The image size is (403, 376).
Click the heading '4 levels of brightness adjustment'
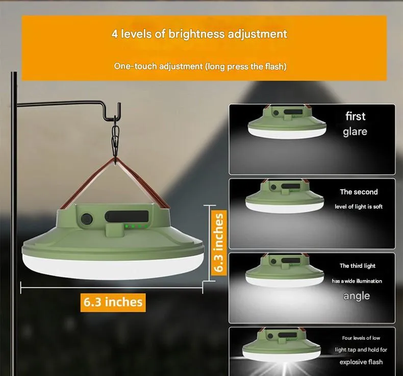199,34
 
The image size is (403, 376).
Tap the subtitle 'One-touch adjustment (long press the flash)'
200,66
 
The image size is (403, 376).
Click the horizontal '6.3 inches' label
113,302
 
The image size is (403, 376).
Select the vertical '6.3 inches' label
218,243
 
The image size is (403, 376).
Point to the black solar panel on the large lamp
127,216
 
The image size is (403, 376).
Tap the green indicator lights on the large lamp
136,227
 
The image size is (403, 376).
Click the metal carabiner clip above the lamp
115,141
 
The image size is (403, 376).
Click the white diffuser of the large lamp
113,267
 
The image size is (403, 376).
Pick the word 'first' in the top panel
355,116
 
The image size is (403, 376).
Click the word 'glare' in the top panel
355,132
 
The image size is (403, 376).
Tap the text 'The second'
359,192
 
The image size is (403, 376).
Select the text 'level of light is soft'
359,207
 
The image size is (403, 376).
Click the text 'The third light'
358,266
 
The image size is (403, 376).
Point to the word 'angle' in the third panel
357,296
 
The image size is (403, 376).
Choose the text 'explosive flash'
361,362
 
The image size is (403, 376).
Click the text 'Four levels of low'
361,338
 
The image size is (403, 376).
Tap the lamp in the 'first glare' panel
287,122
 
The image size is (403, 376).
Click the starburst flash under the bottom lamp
285,365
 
